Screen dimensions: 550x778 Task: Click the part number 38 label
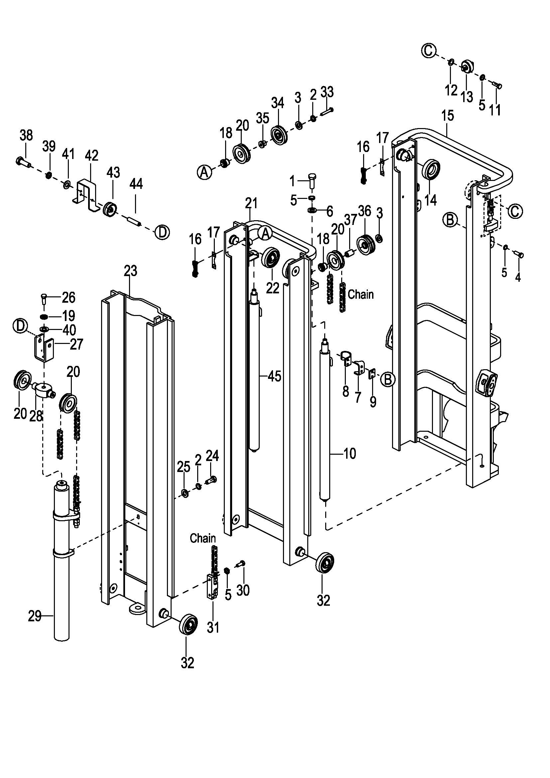pyautogui.click(x=26, y=135)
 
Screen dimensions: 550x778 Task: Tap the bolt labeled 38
pyautogui.click(x=23, y=161)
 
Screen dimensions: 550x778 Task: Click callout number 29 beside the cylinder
pyautogui.click(x=35, y=616)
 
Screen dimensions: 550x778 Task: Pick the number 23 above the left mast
pyautogui.click(x=130, y=271)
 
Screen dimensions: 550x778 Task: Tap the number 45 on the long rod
pyautogui.click(x=274, y=376)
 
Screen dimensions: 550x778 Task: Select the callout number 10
pyautogui.click(x=350, y=453)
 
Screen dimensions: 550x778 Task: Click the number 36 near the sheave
pyautogui.click(x=364, y=211)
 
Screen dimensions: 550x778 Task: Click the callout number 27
pyautogui.click(x=76, y=345)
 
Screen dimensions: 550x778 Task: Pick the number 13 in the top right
pyautogui.click(x=467, y=97)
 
